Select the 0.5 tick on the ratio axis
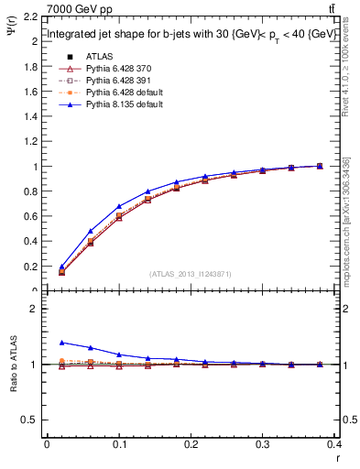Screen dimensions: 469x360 pos(32,420)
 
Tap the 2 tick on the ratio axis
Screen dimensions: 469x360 pos(36,309)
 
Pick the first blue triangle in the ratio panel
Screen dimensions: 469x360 pos(62,342)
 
